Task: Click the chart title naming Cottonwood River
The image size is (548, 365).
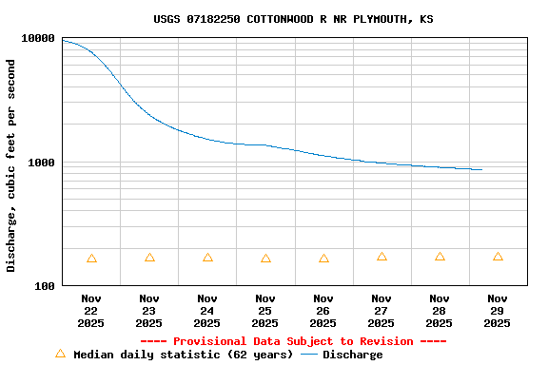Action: [293, 19]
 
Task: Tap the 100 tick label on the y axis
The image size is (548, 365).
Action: [46, 285]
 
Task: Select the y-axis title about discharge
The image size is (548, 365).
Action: [11, 165]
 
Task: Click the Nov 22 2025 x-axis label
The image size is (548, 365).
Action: [91, 311]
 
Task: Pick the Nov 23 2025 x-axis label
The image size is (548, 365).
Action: [149, 311]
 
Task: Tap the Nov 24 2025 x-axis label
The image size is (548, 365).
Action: [207, 311]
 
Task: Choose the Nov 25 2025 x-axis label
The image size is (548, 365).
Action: [265, 311]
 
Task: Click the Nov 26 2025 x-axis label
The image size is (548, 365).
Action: [323, 311]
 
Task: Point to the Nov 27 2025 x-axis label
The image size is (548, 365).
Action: [382, 311]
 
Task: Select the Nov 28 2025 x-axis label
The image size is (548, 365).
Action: [440, 311]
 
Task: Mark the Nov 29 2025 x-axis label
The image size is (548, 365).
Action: [498, 311]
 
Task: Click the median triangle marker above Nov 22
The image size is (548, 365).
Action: [91, 259]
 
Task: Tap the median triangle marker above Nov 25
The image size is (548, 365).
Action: [265, 259]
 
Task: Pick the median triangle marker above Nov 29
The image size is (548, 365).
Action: [498, 257]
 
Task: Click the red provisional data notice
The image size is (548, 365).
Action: [293, 341]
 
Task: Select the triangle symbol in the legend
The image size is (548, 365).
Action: [60, 354]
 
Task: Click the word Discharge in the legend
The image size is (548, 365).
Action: [352, 355]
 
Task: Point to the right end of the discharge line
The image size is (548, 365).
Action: [481, 170]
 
